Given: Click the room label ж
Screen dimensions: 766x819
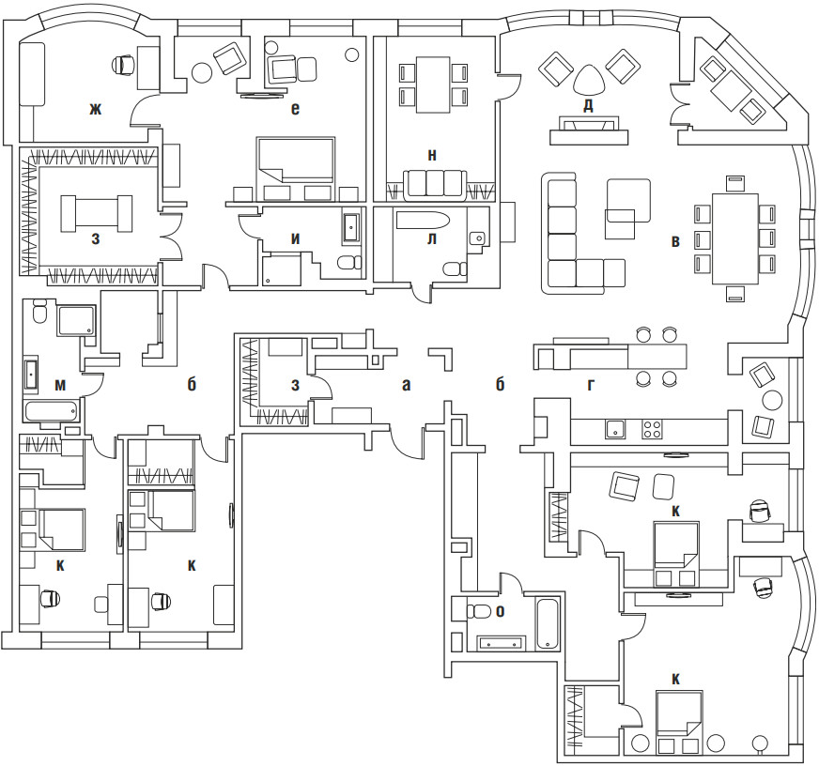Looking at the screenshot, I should point(95,110).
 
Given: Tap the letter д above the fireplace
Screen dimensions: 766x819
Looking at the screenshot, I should point(588,105).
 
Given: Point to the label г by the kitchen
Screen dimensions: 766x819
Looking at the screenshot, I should point(590,383).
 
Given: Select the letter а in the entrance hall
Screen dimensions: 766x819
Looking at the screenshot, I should point(406,383).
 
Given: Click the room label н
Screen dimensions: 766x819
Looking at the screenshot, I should point(431,155).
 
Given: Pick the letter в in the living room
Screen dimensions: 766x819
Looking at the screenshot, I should point(674,242).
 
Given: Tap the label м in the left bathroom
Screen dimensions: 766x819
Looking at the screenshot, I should point(60,383).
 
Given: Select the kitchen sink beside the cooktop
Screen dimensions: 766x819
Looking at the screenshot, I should point(614,429).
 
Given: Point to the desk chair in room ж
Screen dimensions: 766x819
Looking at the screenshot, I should point(123,65).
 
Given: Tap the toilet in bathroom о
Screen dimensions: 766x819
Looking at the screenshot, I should point(479,611).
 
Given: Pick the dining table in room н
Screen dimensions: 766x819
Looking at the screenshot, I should point(432,82).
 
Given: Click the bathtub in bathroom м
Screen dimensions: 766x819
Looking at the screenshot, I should point(52,410).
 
